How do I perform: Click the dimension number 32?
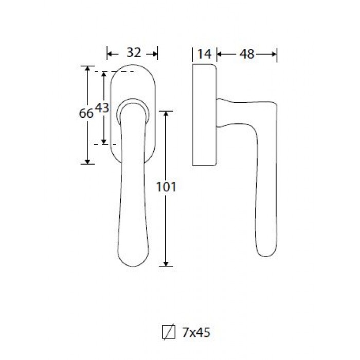click(x=134, y=53)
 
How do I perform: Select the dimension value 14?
click(x=204, y=54)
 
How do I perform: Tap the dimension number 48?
click(x=247, y=55)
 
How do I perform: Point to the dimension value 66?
click(x=86, y=114)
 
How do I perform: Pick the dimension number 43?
click(x=102, y=107)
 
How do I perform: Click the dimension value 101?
click(x=166, y=187)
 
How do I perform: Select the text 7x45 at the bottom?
click(x=196, y=332)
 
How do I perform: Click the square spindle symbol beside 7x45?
click(x=169, y=332)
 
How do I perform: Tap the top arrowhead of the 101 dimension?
click(x=166, y=114)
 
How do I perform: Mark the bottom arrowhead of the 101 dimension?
click(x=166, y=263)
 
